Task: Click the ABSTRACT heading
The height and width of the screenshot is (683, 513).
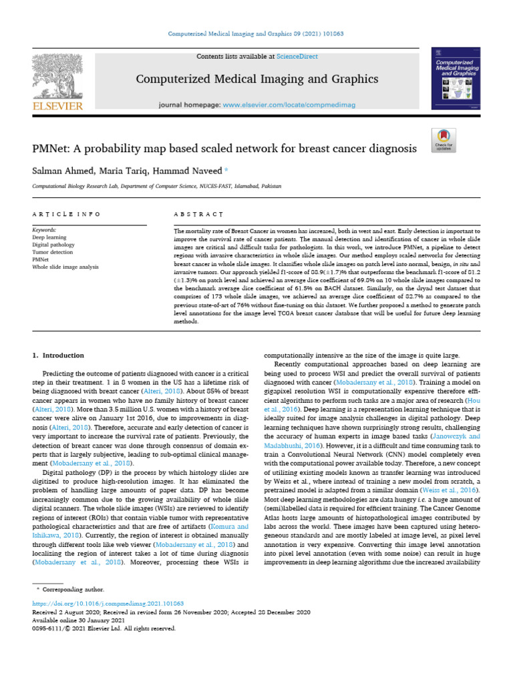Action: point(189,214)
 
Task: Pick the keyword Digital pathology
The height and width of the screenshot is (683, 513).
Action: point(53,244)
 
